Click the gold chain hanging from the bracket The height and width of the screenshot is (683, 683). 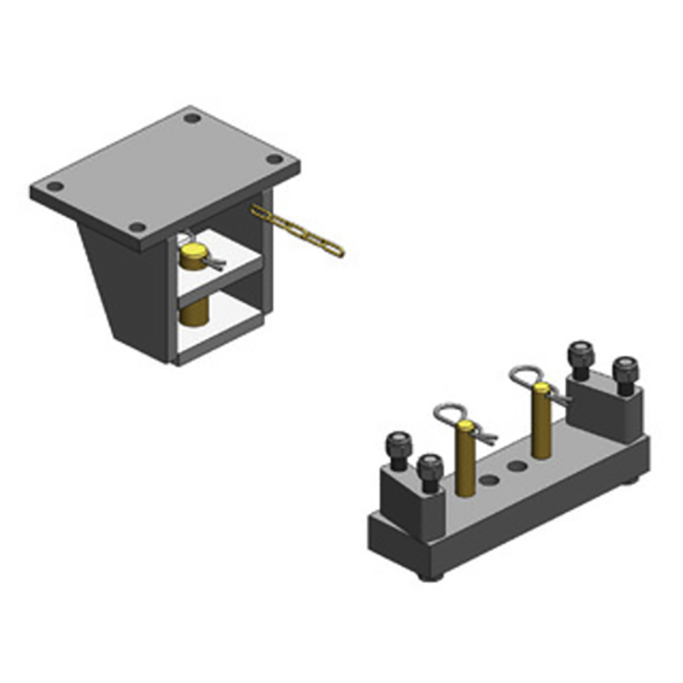point(299,231)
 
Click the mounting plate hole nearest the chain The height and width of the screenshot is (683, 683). point(274,159)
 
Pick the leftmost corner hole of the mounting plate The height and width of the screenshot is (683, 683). point(55,186)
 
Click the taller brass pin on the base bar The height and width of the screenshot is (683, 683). point(541,423)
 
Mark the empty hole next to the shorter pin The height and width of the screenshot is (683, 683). point(489,481)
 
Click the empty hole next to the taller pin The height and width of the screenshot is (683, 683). point(517,466)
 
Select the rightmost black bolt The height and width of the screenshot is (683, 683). point(626,372)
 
